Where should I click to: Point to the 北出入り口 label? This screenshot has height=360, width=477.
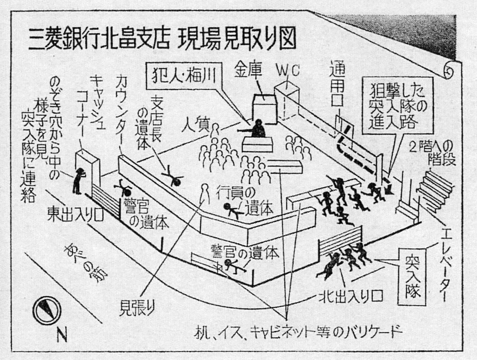(347, 297)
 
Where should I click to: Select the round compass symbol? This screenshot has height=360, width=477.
(48, 308)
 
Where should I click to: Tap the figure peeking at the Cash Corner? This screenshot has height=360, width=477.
(80, 181)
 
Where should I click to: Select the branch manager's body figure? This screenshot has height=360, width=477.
(174, 177)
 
